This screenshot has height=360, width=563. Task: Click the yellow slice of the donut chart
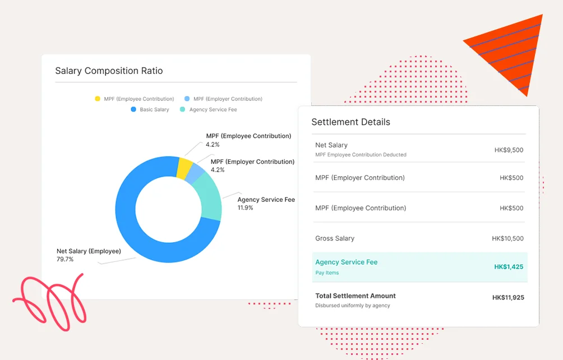click(184, 168)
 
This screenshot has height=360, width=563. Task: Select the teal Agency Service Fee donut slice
click(208, 197)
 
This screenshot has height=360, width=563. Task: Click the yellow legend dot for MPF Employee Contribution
click(98, 99)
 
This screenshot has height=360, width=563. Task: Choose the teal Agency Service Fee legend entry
click(208, 109)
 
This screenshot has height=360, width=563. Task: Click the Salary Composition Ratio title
click(109, 71)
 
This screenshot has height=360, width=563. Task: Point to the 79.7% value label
click(65, 259)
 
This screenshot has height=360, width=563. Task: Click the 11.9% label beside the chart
click(245, 208)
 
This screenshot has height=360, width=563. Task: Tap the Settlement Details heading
click(350, 122)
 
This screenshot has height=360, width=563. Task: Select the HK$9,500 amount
click(509, 150)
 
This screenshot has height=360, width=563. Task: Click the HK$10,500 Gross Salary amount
click(507, 238)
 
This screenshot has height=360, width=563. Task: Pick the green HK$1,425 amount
click(509, 267)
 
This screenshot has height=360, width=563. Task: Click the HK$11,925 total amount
click(508, 298)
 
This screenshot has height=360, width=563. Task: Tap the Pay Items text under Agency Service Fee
click(327, 273)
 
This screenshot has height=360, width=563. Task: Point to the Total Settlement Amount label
click(356, 296)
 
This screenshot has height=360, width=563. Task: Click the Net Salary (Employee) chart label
click(89, 251)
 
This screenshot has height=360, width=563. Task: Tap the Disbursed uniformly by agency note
click(353, 306)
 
